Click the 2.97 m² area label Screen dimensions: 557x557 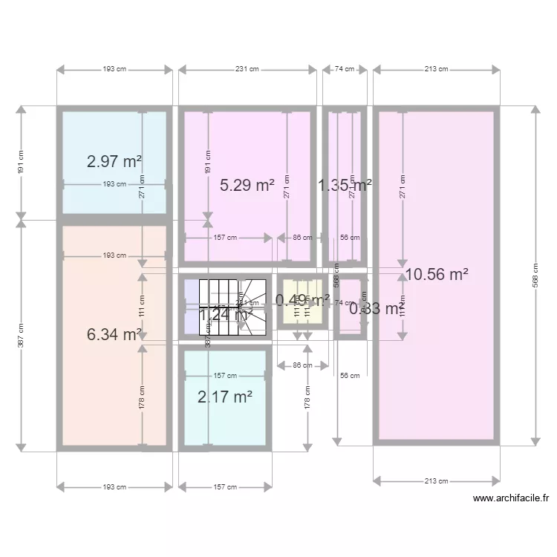114,161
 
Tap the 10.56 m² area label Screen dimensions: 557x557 437,275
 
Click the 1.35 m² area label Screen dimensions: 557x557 345,185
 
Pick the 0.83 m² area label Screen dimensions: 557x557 377,309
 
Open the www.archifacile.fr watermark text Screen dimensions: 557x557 510,499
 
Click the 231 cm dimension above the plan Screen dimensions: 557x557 247,70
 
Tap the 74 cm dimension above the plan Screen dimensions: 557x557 344,70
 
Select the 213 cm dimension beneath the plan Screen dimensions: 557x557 437,481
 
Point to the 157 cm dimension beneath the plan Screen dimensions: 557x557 225,487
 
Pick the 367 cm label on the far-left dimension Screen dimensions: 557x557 21,335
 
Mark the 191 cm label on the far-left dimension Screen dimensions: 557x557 21,162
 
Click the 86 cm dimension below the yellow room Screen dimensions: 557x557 302,365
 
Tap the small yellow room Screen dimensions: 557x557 302,312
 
